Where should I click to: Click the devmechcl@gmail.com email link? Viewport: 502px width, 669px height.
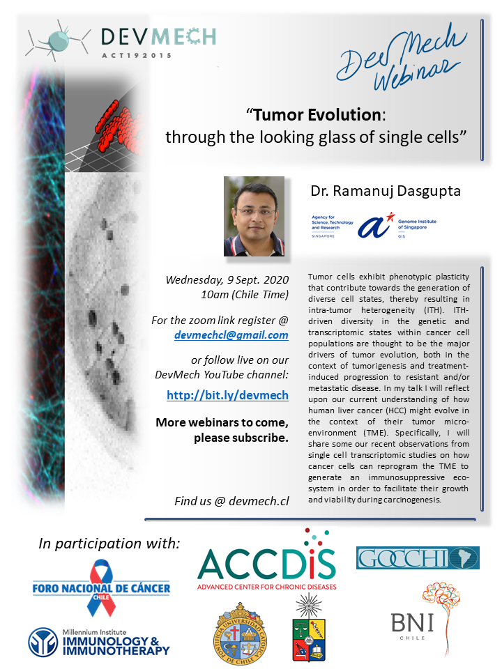[x=231, y=335]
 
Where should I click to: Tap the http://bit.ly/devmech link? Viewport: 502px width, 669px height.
[x=227, y=395]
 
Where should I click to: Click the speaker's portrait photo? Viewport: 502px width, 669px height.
[x=254, y=216]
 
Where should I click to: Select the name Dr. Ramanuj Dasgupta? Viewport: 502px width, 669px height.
[x=386, y=191]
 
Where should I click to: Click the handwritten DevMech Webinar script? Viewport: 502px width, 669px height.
[x=399, y=56]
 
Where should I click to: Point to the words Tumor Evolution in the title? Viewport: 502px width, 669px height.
[x=317, y=115]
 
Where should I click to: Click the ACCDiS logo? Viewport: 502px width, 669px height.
[x=267, y=560]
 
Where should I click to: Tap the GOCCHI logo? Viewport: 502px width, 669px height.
[x=418, y=557]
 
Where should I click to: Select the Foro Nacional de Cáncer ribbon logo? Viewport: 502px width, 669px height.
[x=101, y=588]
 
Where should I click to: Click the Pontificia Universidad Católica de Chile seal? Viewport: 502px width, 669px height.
[x=239, y=633]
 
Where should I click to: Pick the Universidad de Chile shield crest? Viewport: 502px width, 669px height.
[x=308, y=627]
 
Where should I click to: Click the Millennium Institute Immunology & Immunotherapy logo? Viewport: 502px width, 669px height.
[x=99, y=642]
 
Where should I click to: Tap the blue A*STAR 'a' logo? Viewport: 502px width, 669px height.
[x=375, y=225]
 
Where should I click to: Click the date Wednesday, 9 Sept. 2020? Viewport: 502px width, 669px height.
[x=227, y=280]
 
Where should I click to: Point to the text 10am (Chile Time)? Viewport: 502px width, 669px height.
[x=245, y=295]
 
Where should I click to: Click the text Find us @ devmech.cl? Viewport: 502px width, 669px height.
[x=231, y=501]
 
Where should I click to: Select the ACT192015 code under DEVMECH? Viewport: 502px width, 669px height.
[x=137, y=56]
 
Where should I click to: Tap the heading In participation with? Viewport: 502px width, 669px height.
[x=109, y=544]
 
